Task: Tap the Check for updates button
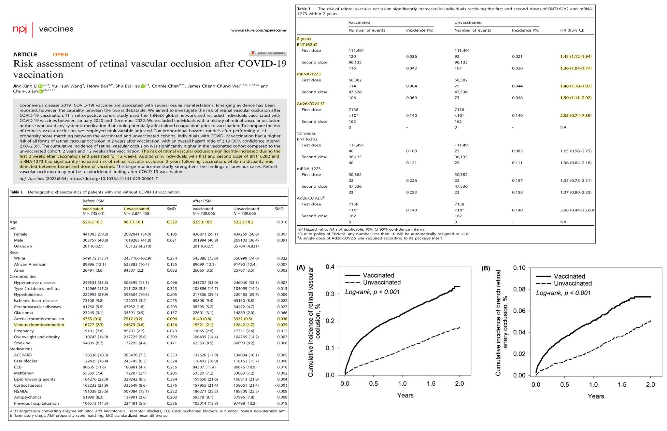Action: (268, 53)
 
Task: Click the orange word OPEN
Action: (61, 54)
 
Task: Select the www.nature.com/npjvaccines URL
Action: (259, 30)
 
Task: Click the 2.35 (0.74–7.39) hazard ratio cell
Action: (576, 115)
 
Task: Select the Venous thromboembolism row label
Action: (39, 325)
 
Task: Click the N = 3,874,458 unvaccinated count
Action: (136, 214)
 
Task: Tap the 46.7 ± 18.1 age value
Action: (134, 222)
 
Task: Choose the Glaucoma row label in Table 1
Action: (23, 313)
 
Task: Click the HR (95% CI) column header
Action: (572, 30)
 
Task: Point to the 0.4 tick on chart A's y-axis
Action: (330, 267)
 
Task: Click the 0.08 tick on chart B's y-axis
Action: (519, 289)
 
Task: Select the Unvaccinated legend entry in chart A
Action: (382, 282)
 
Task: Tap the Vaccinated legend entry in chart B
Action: (569, 276)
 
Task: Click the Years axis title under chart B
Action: (596, 396)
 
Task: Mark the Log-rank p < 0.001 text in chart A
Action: (372, 292)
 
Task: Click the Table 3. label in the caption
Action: (305, 9)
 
